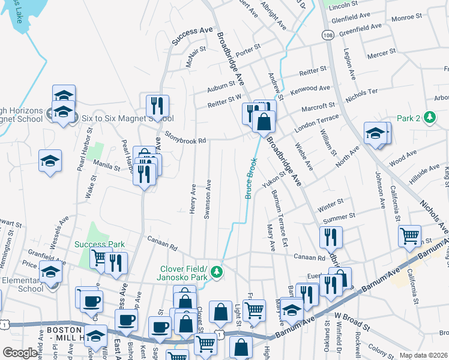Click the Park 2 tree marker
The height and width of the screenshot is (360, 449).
[x=429, y=118]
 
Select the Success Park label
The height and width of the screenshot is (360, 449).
[x=100, y=244]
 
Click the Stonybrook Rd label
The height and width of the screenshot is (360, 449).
[x=185, y=138]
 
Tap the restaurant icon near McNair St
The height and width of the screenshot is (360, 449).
[x=157, y=106]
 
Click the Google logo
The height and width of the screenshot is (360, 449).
[x=20, y=353]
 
